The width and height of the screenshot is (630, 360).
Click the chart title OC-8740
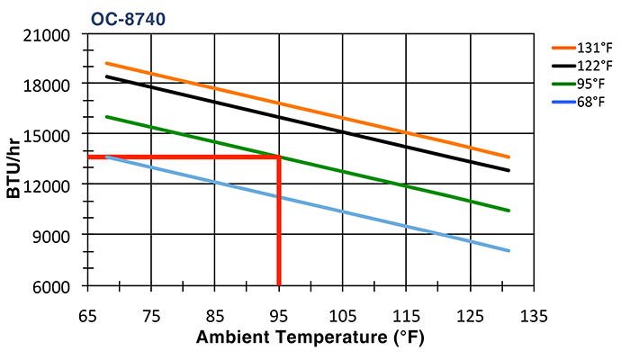[128, 17]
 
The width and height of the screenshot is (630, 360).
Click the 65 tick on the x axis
[87, 317]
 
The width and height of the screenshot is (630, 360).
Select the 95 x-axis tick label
[279, 317]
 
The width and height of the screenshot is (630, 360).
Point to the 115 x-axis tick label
[406, 317]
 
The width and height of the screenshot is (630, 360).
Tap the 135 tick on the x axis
[534, 317]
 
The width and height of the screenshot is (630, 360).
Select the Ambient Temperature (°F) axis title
[310, 338]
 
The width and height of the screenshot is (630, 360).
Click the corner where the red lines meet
[279, 157]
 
